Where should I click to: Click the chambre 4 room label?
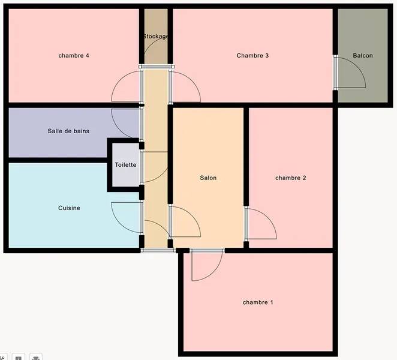pyautogui.click(x=74, y=55)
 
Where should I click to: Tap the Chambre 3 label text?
pyautogui.click(x=252, y=55)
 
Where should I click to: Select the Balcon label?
pyautogui.click(x=363, y=55)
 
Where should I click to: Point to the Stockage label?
pyautogui.click(x=156, y=36)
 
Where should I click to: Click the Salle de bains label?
pyautogui.click(x=68, y=131)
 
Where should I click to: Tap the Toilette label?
pyautogui.click(x=125, y=164)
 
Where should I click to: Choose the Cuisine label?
pyautogui.click(x=69, y=208)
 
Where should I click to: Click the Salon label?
pyautogui.click(x=208, y=178)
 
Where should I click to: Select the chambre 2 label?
pyautogui.click(x=291, y=178)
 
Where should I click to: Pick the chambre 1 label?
pyautogui.click(x=258, y=302)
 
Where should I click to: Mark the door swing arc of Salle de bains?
pyautogui.click(x=119, y=132)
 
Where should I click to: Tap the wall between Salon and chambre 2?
pyautogui.click(x=246, y=157)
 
